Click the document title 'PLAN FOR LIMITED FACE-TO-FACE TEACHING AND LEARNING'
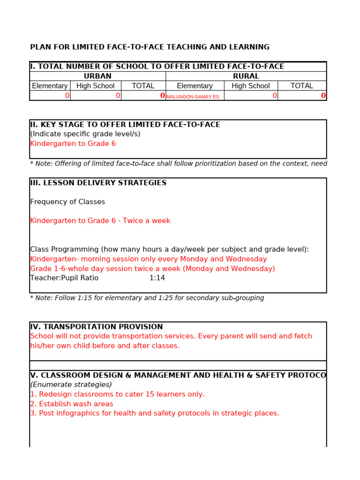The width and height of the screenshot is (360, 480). [150, 47]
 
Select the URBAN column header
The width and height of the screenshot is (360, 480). [97, 76]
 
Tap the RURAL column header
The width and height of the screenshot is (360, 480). [246, 76]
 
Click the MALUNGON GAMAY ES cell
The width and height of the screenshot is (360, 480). [193, 97]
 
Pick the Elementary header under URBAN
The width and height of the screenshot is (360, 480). [50, 86]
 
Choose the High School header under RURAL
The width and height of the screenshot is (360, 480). [250, 86]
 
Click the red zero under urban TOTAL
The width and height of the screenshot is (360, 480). [162, 96]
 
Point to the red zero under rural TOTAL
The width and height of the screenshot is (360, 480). [323, 96]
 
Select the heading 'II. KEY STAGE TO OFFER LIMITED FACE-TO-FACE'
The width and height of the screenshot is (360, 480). [125, 125]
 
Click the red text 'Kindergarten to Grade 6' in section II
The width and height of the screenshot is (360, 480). [73, 143]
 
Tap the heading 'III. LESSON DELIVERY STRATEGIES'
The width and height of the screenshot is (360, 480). [98, 183]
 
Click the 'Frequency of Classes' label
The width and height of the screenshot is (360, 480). [67, 202]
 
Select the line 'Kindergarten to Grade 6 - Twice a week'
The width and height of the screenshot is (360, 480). [100, 221]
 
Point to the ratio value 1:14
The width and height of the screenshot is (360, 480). [157, 278]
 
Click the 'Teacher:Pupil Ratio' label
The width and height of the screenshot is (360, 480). [64, 278]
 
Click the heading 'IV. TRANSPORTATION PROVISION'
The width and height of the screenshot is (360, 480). [97, 327]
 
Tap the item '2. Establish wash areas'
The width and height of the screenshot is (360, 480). [71, 404]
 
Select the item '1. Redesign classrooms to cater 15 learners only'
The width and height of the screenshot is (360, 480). [117, 394]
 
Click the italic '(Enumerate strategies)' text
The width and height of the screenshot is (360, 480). [71, 384]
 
